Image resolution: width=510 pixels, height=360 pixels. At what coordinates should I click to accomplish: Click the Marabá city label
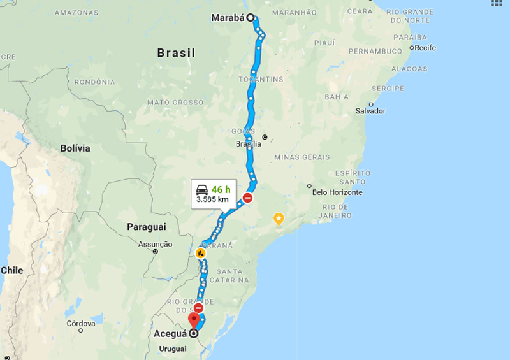point(228,18)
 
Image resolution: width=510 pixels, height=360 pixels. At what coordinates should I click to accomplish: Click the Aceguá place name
point(170,333)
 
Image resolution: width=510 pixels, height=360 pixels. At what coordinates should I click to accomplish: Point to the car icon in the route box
point(201,189)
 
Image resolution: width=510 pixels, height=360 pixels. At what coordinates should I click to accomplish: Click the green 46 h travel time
point(221,189)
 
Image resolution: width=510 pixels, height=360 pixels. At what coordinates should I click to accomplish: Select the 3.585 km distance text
point(212,199)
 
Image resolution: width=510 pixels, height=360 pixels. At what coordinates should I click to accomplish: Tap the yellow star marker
point(279,219)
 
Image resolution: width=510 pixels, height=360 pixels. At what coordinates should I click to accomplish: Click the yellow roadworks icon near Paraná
point(201,254)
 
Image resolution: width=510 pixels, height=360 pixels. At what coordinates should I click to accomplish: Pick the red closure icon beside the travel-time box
point(247,198)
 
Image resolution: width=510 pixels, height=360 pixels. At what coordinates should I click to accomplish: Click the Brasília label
point(248,144)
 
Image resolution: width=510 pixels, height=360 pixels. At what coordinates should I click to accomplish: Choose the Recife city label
point(425,48)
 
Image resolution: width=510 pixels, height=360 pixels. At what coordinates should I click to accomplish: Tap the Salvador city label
point(370,111)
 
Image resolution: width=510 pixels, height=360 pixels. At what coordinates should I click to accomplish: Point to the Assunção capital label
point(155,244)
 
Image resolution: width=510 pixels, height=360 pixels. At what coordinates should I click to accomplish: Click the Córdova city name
point(81,324)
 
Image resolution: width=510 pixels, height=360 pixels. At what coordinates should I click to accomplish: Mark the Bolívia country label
point(75,148)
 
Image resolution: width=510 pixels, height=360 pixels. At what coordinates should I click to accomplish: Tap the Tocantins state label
point(260,79)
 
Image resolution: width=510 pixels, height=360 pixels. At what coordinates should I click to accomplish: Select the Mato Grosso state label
point(175,102)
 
